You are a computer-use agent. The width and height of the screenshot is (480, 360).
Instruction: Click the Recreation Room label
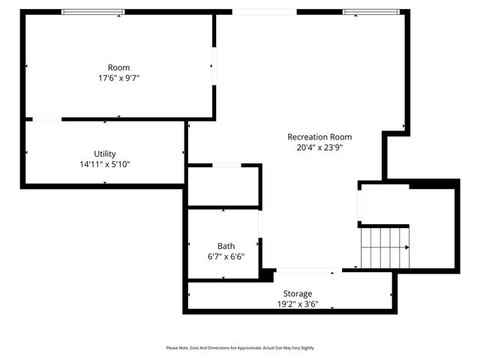pos(319,136)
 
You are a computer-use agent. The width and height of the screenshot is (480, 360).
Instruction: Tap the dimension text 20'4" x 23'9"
pos(319,148)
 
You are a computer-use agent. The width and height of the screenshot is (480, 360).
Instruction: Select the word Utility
pos(105,154)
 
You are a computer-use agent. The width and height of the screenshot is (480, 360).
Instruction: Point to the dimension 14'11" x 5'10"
pos(105,164)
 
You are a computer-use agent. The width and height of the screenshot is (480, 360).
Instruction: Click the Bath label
pos(226,246)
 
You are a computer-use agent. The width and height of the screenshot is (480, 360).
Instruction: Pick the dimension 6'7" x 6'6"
pos(226,256)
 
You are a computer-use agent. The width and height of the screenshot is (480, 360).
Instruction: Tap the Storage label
pos(298,293)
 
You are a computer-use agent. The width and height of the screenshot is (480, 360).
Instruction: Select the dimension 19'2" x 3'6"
pos(298,304)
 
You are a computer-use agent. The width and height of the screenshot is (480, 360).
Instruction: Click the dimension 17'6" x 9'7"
pos(118,78)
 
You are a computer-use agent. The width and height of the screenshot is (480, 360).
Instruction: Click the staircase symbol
pos(385,247)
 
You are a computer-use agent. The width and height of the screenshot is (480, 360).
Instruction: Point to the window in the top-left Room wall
pos(93,12)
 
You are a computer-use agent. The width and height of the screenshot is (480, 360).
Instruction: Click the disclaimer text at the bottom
pos(240,348)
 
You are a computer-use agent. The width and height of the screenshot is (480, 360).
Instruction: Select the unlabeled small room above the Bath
pos(223,186)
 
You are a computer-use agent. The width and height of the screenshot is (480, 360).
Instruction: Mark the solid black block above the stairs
pos(433,184)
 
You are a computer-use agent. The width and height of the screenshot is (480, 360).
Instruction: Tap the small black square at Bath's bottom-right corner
pos(265,275)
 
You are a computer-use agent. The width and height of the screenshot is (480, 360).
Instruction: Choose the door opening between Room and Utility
pos(46,118)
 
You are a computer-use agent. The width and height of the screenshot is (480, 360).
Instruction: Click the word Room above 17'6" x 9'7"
pos(118,67)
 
